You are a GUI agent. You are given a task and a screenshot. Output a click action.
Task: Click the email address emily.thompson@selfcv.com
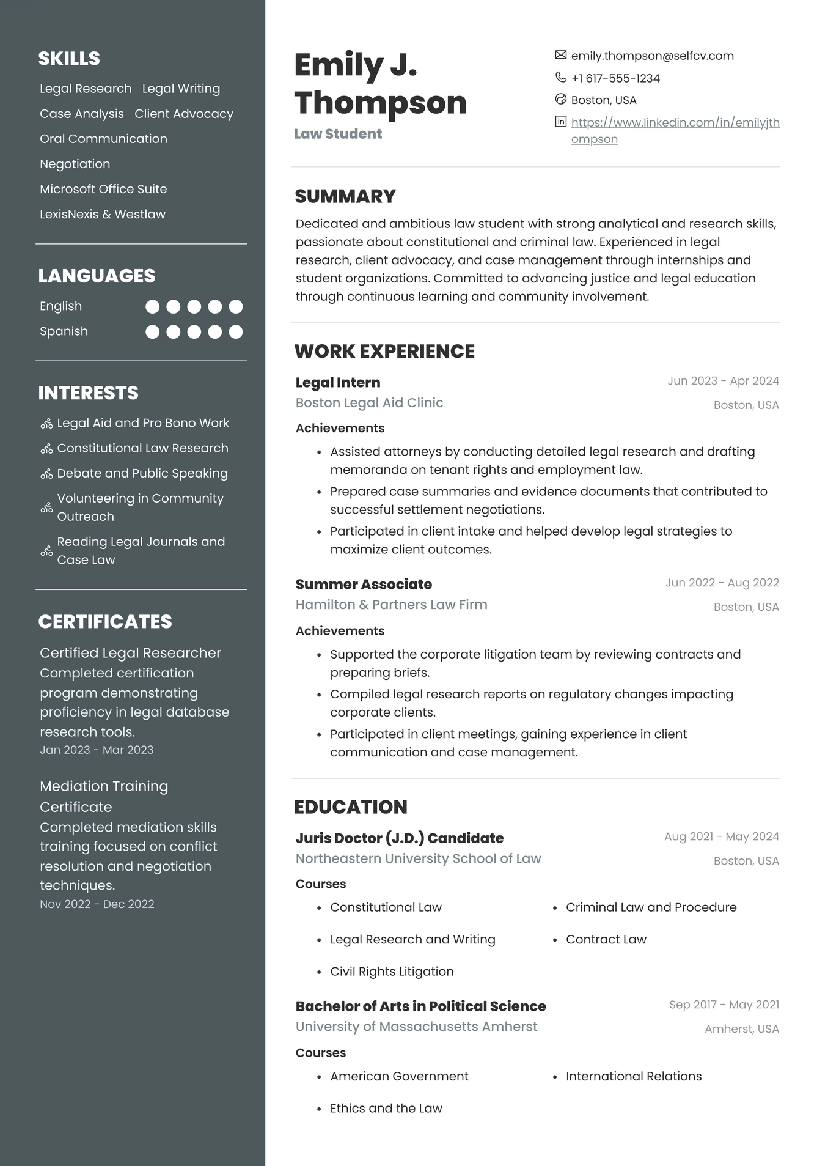(x=652, y=56)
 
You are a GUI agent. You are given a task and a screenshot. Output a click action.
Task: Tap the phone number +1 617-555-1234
(x=615, y=78)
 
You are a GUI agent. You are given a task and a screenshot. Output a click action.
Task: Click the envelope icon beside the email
(x=560, y=55)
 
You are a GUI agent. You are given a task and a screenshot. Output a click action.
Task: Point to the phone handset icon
(x=560, y=77)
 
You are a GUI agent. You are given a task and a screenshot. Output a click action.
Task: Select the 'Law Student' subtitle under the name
(x=338, y=134)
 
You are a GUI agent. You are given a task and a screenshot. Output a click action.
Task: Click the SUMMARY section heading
(x=345, y=196)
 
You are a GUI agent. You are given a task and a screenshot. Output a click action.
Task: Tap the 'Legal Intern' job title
(x=338, y=383)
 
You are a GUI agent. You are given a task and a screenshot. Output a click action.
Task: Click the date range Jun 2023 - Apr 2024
(x=723, y=381)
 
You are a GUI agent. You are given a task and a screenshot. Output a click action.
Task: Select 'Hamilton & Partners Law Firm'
(x=391, y=605)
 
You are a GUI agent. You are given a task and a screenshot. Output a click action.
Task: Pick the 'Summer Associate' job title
(x=364, y=585)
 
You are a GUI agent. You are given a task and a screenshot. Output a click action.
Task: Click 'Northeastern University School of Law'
(x=418, y=858)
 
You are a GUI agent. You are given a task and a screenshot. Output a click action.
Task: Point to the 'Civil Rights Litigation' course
(x=392, y=972)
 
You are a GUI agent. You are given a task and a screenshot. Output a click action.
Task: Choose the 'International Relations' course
(x=634, y=1076)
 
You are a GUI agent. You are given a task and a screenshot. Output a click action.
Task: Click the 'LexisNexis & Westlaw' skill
(x=103, y=215)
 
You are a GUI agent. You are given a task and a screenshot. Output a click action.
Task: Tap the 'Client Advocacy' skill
(x=184, y=114)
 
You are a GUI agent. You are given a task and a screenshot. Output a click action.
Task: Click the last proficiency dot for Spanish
(x=236, y=332)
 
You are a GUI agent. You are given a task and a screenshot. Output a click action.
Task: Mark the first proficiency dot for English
(x=153, y=306)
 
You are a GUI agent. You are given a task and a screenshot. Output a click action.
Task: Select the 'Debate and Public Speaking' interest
(x=142, y=474)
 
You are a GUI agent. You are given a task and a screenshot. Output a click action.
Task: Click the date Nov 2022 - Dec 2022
(x=97, y=904)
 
